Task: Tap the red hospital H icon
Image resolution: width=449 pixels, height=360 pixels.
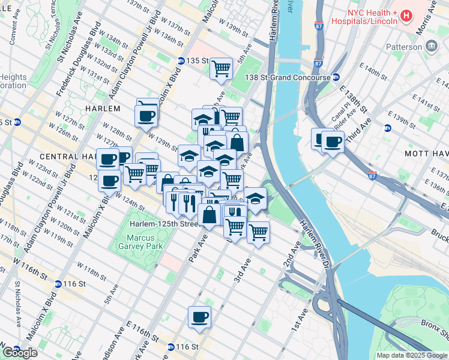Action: point(406,14)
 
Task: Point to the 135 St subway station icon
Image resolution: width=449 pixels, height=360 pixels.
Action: point(181,61)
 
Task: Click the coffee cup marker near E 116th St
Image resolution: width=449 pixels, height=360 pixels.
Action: point(199,317)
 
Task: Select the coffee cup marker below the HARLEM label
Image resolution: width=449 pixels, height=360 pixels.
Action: point(147,113)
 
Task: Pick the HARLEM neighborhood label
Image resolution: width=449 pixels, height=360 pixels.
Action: point(103,109)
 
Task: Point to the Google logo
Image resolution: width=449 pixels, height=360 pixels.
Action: point(20,353)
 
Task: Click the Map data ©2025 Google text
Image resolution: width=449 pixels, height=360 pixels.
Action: point(411,355)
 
